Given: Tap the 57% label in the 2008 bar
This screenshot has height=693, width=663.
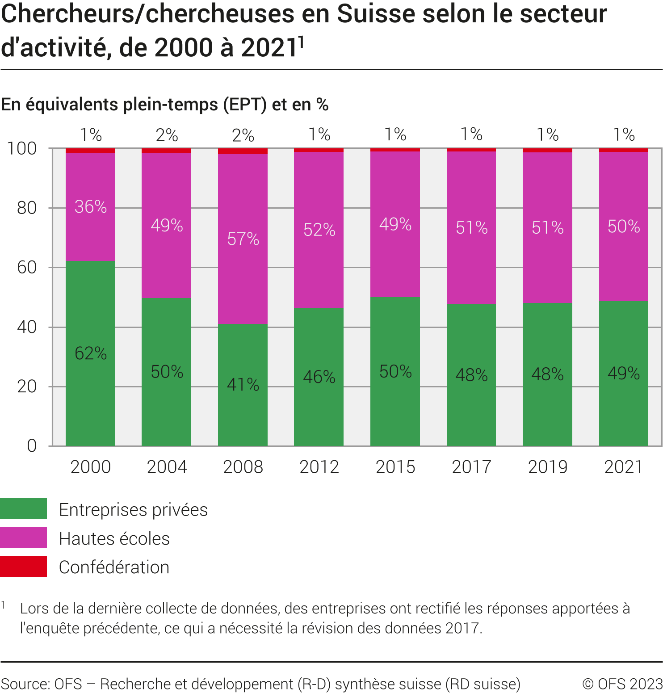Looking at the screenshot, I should coord(243,239).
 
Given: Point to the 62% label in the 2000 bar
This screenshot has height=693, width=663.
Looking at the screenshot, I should coord(91,353).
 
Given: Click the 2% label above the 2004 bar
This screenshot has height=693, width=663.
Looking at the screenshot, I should coord(167,135).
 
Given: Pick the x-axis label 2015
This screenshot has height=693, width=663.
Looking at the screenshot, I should coord(395,467).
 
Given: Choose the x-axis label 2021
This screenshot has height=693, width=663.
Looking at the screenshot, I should coord(623,467).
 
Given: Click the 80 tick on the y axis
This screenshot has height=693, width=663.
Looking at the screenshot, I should coord(27,208).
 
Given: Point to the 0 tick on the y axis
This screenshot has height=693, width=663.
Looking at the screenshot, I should coord(32,445).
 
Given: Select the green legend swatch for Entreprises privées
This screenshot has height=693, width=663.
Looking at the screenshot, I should coord(23,509).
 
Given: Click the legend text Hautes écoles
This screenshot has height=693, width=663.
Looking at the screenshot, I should coord(114,538).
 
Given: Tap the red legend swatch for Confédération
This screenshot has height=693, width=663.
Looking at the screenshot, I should coord(23,567).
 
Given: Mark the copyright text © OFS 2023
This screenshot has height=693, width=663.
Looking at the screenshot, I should coord(622,684).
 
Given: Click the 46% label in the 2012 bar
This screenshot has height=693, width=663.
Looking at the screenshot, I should coord(319,377).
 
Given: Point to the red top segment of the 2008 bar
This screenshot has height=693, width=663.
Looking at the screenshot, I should coord(243,151).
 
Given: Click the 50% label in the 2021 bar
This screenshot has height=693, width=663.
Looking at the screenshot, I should coord(624,227).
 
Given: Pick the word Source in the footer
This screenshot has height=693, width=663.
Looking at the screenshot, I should coord(25,684).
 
